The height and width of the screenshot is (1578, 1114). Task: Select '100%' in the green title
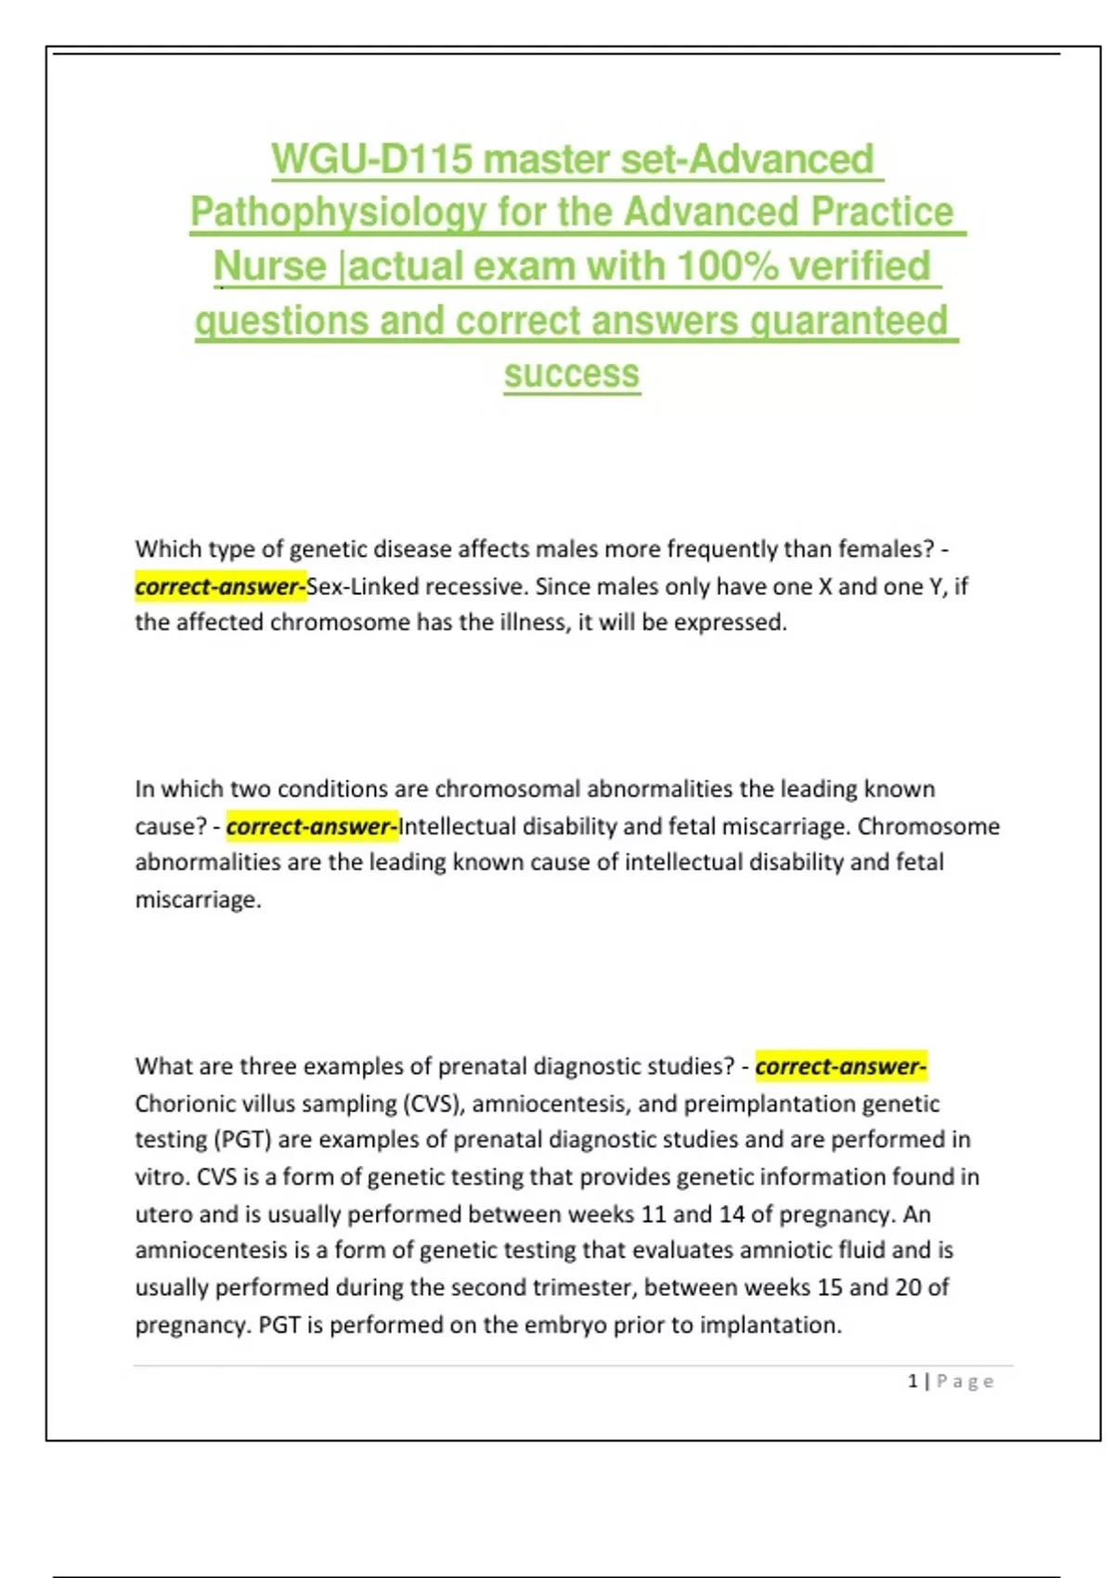pos(727,266)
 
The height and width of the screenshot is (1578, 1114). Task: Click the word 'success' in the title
pos(572,374)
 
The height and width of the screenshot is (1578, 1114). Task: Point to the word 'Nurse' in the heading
pos(270,266)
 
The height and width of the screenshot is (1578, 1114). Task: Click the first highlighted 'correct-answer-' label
pos(220,587)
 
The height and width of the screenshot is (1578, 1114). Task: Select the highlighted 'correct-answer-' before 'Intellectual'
pos(312,826)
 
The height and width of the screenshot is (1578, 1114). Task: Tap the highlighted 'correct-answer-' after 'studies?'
pos(840,1067)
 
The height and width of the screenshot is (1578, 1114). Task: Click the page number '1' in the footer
pos(913,1381)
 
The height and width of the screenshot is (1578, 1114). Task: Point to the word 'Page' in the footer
pos(965,1381)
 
